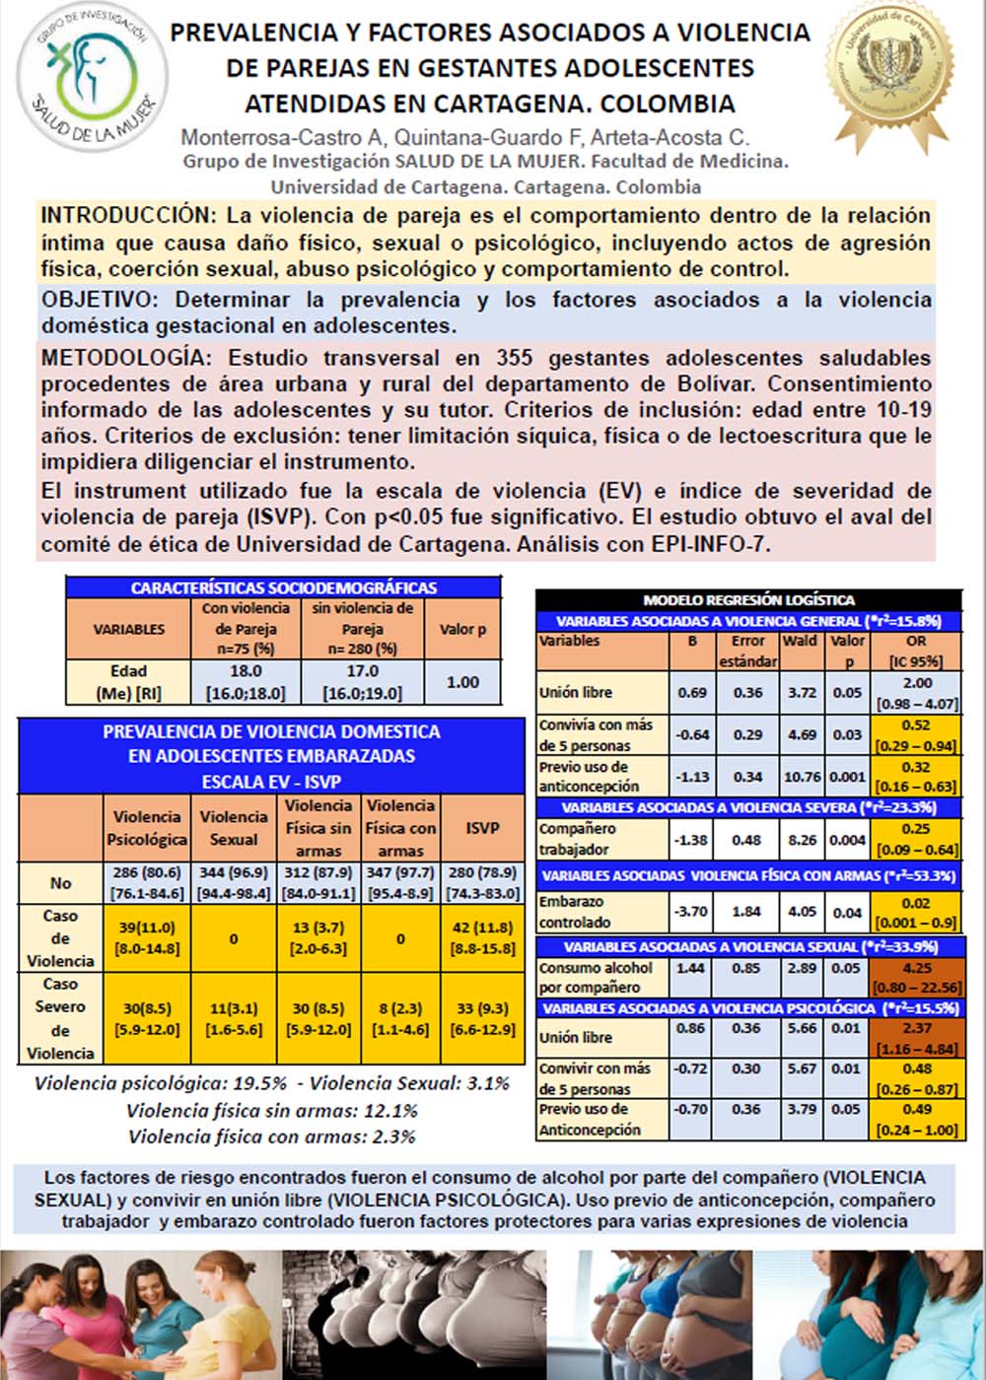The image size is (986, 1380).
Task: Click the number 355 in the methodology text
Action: click(515, 358)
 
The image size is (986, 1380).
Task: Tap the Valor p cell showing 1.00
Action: click(462, 682)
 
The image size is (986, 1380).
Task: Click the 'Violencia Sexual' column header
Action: click(234, 828)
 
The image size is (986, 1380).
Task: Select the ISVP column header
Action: click(482, 828)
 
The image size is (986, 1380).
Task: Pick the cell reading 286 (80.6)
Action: click(147, 872)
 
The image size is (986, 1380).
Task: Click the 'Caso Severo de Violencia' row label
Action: click(60, 1018)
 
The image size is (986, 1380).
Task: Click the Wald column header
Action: click(800, 641)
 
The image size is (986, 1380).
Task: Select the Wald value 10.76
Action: click(802, 777)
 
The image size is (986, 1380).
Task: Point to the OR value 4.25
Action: click(916, 968)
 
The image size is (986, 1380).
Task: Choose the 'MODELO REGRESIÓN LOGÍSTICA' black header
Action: click(748, 599)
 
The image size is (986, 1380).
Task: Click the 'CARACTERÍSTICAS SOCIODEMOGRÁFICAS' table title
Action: click(284, 587)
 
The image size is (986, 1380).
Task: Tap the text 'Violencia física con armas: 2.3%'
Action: click(272, 1137)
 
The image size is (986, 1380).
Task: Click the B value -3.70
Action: click(692, 912)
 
